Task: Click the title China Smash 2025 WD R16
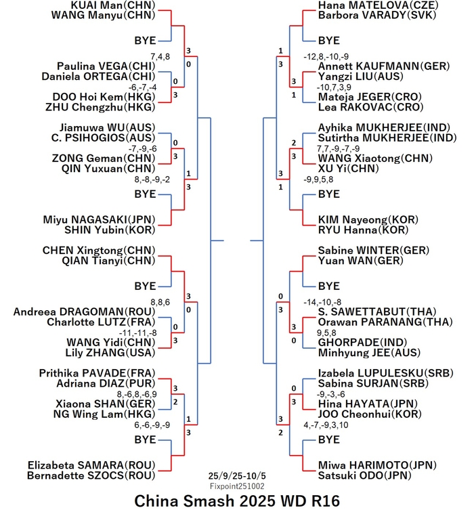(x=236, y=502)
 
